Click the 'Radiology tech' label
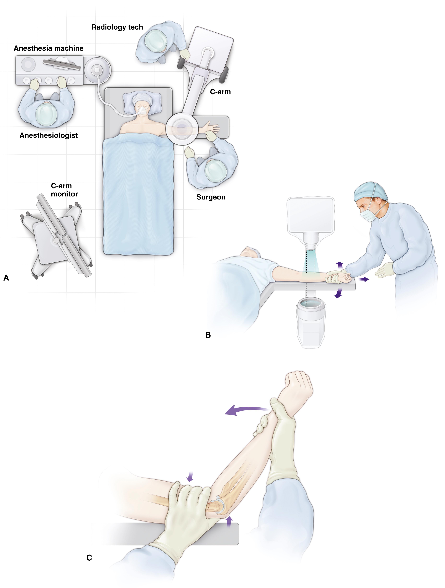point(117,27)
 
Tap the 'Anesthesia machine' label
point(49,48)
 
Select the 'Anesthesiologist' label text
point(49,135)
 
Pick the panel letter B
point(208,335)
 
